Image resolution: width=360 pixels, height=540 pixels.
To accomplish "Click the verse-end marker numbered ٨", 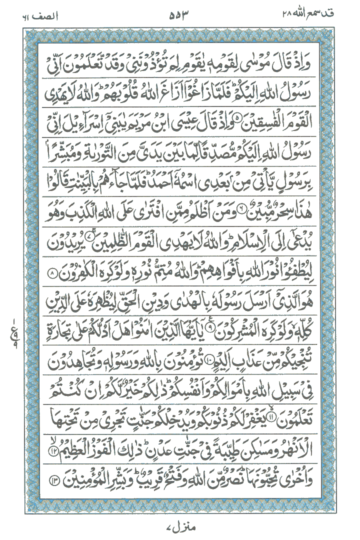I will pyautogui.click(x=52, y=274).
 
